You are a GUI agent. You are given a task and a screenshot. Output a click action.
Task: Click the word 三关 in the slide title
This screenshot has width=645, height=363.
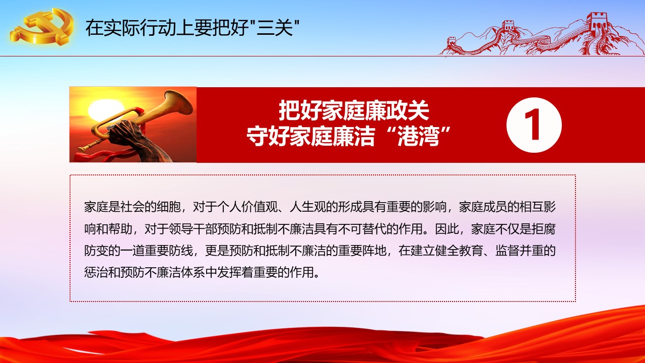pyautogui.click(x=275, y=28)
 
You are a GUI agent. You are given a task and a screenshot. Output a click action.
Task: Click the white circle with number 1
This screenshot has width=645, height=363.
pyautogui.click(x=534, y=125)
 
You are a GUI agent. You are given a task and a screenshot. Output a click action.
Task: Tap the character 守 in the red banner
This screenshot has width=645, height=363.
pyautogui.click(x=257, y=136)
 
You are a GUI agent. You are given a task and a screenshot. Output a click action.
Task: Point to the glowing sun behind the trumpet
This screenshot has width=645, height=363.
pyautogui.click(x=104, y=110)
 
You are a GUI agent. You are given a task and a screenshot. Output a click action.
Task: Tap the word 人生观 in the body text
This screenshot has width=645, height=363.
pyautogui.click(x=308, y=207)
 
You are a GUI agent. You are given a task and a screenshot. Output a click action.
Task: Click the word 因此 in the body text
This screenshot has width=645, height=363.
pyautogui.click(x=447, y=229)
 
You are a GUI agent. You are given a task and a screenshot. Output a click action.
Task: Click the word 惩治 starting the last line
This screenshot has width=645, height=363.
pyautogui.click(x=96, y=272)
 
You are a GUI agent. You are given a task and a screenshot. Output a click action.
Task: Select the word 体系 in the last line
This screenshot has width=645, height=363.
pyautogui.click(x=193, y=272)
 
